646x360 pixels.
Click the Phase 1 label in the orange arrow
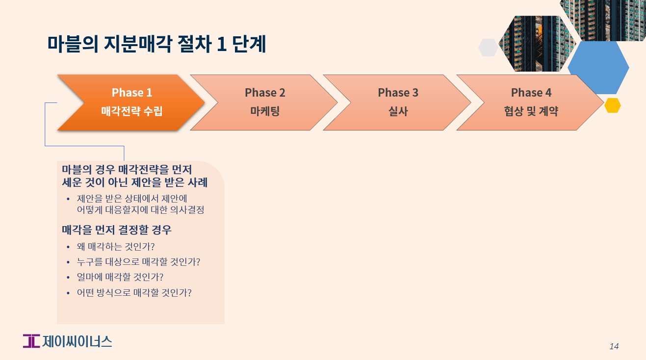coord(131,92)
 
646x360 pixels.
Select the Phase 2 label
coord(265,92)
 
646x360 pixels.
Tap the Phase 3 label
coord(398,92)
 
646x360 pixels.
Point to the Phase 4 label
coord(531,92)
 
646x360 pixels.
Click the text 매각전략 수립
coord(131,111)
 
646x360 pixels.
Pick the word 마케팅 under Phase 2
coord(265,111)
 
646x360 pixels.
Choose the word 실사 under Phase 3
coord(398,111)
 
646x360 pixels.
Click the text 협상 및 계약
coord(531,111)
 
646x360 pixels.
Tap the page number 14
coord(614,346)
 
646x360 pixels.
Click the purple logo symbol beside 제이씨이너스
coord(31,341)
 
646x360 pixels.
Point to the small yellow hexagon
coord(613,105)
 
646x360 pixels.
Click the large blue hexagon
coord(598,68)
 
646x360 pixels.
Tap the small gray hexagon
coord(488,48)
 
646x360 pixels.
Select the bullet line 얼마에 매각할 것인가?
coord(120,277)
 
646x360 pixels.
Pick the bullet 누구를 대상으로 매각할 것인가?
coord(138,262)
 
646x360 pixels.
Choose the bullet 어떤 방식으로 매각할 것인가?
coord(134,293)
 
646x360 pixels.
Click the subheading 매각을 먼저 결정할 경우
coord(117,230)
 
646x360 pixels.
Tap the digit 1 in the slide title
coord(221,44)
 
